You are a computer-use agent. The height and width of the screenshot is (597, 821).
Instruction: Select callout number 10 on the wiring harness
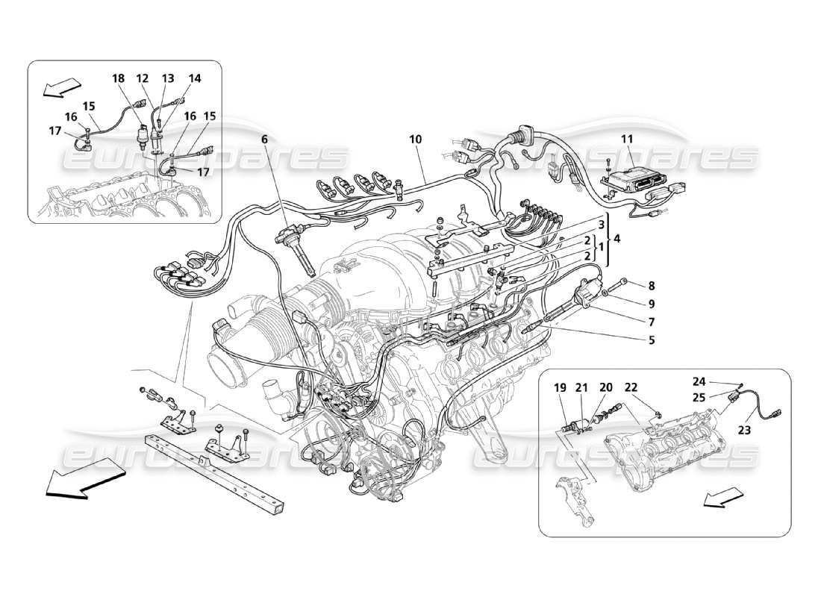tap(416, 139)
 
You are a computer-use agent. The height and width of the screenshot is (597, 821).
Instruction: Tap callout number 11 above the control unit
tap(627, 139)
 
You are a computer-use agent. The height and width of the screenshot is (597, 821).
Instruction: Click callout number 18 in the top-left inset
tap(119, 78)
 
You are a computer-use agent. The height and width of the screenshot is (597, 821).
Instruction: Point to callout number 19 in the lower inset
tap(561, 387)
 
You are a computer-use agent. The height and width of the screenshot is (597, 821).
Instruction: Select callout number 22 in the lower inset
tap(631, 387)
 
